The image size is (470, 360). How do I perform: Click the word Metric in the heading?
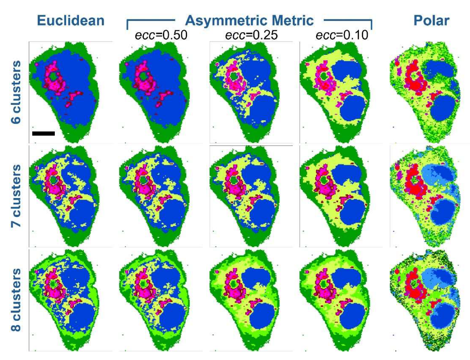click(292, 20)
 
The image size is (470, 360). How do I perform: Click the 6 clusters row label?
click(17, 92)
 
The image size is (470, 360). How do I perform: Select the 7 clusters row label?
click(17, 196)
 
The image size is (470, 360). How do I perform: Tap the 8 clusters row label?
click(17, 299)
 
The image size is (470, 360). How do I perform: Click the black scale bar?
click(44, 133)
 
